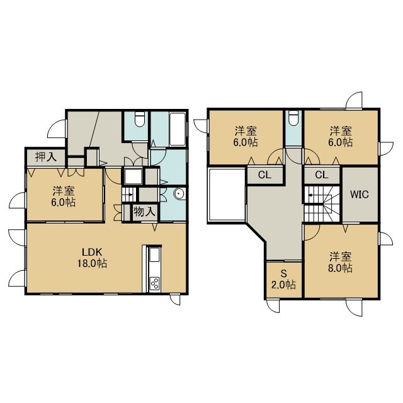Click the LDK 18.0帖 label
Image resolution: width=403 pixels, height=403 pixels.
93,258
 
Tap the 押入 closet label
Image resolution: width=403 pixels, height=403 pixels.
46,157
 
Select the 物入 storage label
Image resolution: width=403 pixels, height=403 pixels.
144,212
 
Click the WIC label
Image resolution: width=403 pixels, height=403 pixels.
360,195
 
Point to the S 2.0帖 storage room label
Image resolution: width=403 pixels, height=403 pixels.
283,279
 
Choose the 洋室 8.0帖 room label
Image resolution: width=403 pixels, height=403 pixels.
340,262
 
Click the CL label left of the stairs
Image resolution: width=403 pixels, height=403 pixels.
264,175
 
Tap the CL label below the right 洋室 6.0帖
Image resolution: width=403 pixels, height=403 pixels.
322,175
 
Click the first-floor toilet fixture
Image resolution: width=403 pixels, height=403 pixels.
140,119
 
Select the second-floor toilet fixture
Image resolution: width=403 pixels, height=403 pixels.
293,118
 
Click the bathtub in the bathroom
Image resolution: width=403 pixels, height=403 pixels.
178,129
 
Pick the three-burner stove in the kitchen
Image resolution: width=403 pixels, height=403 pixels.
155,284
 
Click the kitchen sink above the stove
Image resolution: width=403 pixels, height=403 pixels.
155,254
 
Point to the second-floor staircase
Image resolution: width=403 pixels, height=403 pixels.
322,203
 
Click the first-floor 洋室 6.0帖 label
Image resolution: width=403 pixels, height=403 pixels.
64,196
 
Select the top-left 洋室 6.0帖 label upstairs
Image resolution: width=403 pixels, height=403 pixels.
246,137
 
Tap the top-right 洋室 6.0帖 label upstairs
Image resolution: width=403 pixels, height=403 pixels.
341,137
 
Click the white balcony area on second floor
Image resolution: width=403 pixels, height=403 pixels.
227,195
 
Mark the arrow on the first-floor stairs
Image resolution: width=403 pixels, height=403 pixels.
130,195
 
